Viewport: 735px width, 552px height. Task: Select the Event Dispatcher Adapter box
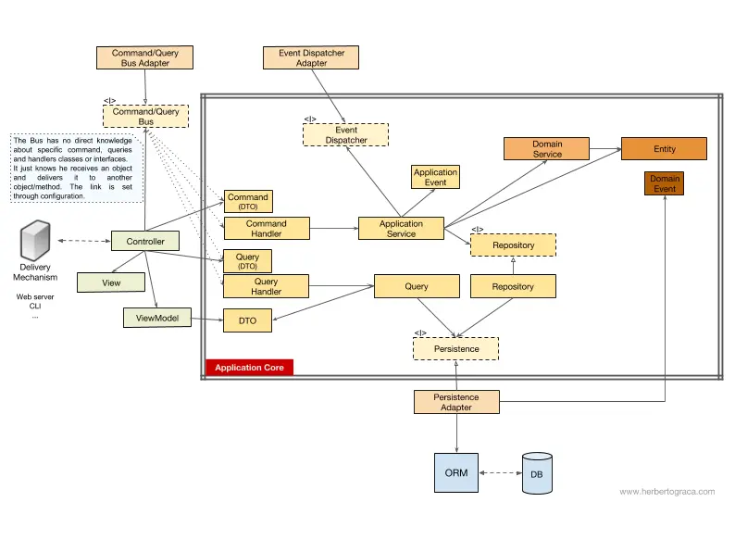(x=311, y=57)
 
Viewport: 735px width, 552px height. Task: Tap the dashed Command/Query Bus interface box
(x=145, y=117)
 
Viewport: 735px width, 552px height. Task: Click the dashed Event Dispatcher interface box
(x=345, y=135)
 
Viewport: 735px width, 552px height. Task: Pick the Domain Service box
(x=547, y=149)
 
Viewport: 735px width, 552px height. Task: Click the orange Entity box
(x=664, y=149)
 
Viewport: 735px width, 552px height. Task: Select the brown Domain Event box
(x=664, y=183)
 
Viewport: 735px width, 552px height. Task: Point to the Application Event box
(x=435, y=177)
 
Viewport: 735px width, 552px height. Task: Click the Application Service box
(x=401, y=229)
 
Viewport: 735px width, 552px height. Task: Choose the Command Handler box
(x=266, y=229)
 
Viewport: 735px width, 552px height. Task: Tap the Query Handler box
(x=266, y=286)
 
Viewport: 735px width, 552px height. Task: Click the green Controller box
(x=145, y=242)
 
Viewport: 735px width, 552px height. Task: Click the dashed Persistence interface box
(x=455, y=348)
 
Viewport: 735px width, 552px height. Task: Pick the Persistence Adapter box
(x=455, y=402)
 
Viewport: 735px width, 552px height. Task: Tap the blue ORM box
(x=455, y=472)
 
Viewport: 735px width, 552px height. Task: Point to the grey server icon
(x=35, y=244)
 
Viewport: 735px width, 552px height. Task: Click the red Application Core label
(x=249, y=368)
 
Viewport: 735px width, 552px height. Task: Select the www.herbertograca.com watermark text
(x=666, y=492)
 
